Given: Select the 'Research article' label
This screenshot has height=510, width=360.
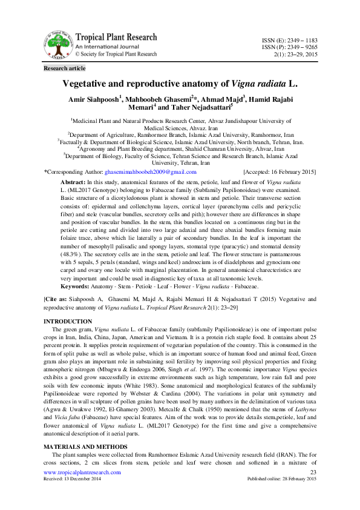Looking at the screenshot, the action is click(x=64, y=68).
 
